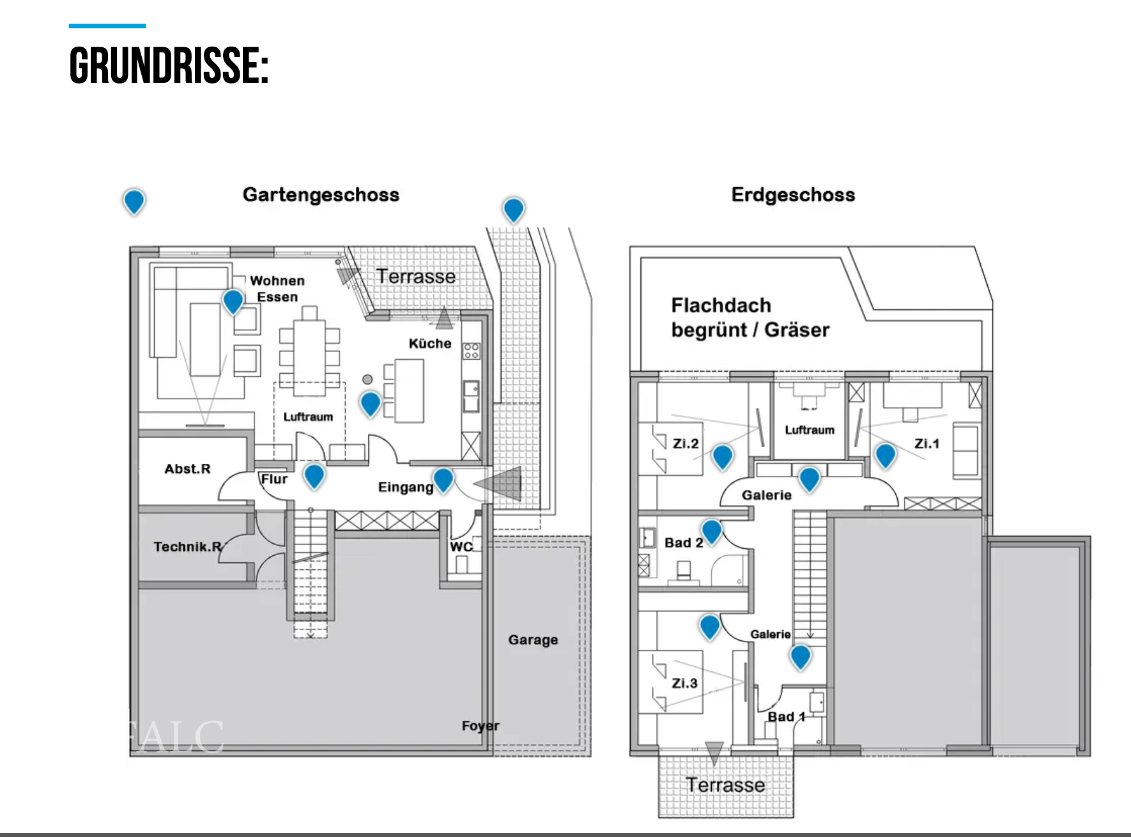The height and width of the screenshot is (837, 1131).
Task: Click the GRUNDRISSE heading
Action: (169, 66)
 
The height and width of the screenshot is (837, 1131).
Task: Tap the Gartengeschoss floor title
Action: (321, 195)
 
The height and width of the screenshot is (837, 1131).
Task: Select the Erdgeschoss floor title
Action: (793, 195)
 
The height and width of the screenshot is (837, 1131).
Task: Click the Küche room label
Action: (430, 344)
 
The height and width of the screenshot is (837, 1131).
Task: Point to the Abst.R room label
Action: (187, 469)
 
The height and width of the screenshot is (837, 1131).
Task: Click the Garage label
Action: (533, 640)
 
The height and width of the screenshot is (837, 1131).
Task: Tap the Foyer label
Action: (481, 726)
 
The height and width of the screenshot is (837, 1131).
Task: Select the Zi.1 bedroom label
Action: (927, 443)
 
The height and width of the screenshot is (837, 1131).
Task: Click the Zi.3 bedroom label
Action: (684, 683)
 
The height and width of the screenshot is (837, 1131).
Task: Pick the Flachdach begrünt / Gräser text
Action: (750, 318)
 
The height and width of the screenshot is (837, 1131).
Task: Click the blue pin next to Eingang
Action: (443, 479)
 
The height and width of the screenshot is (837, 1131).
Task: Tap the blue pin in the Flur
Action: (314, 475)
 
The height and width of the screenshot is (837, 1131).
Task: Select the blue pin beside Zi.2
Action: (722, 456)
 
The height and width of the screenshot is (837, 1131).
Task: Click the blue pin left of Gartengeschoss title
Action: (134, 201)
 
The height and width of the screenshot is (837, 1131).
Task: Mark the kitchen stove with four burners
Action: (472, 351)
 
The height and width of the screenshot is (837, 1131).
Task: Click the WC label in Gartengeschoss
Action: (461, 547)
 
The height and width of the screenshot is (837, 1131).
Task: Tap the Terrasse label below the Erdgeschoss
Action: (725, 785)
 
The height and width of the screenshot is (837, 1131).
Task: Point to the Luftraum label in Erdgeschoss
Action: (810, 430)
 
